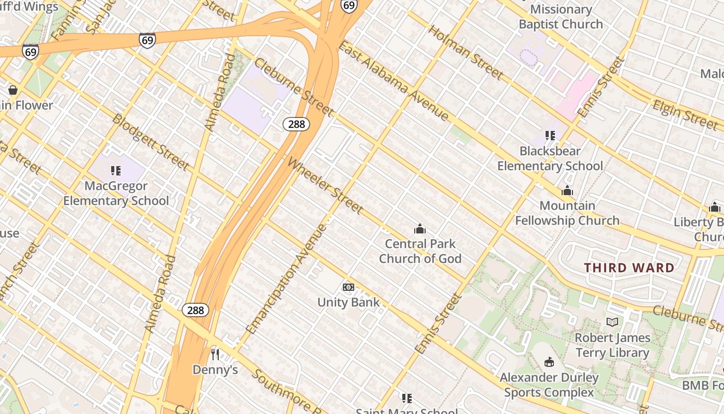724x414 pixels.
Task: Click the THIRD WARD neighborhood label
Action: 629,268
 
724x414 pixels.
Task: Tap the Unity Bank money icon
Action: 349,287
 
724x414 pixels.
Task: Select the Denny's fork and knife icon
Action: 215,354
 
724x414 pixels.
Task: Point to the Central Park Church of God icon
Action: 420,229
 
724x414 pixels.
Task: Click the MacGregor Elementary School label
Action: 116,193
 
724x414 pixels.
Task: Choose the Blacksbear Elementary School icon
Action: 550,136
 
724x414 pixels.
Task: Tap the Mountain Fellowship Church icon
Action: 567,190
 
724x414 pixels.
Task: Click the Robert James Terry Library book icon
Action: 612,322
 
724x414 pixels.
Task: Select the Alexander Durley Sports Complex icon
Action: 549,362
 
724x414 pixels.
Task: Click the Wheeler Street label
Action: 325,186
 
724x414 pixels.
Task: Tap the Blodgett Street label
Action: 150,142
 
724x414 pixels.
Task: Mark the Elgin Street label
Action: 685,114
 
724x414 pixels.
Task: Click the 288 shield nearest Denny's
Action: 195,310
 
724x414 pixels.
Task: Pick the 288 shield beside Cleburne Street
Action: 296,124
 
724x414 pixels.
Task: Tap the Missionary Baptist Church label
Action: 561,17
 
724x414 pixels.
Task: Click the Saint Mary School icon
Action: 407,398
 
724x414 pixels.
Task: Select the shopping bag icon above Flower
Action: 13,91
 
